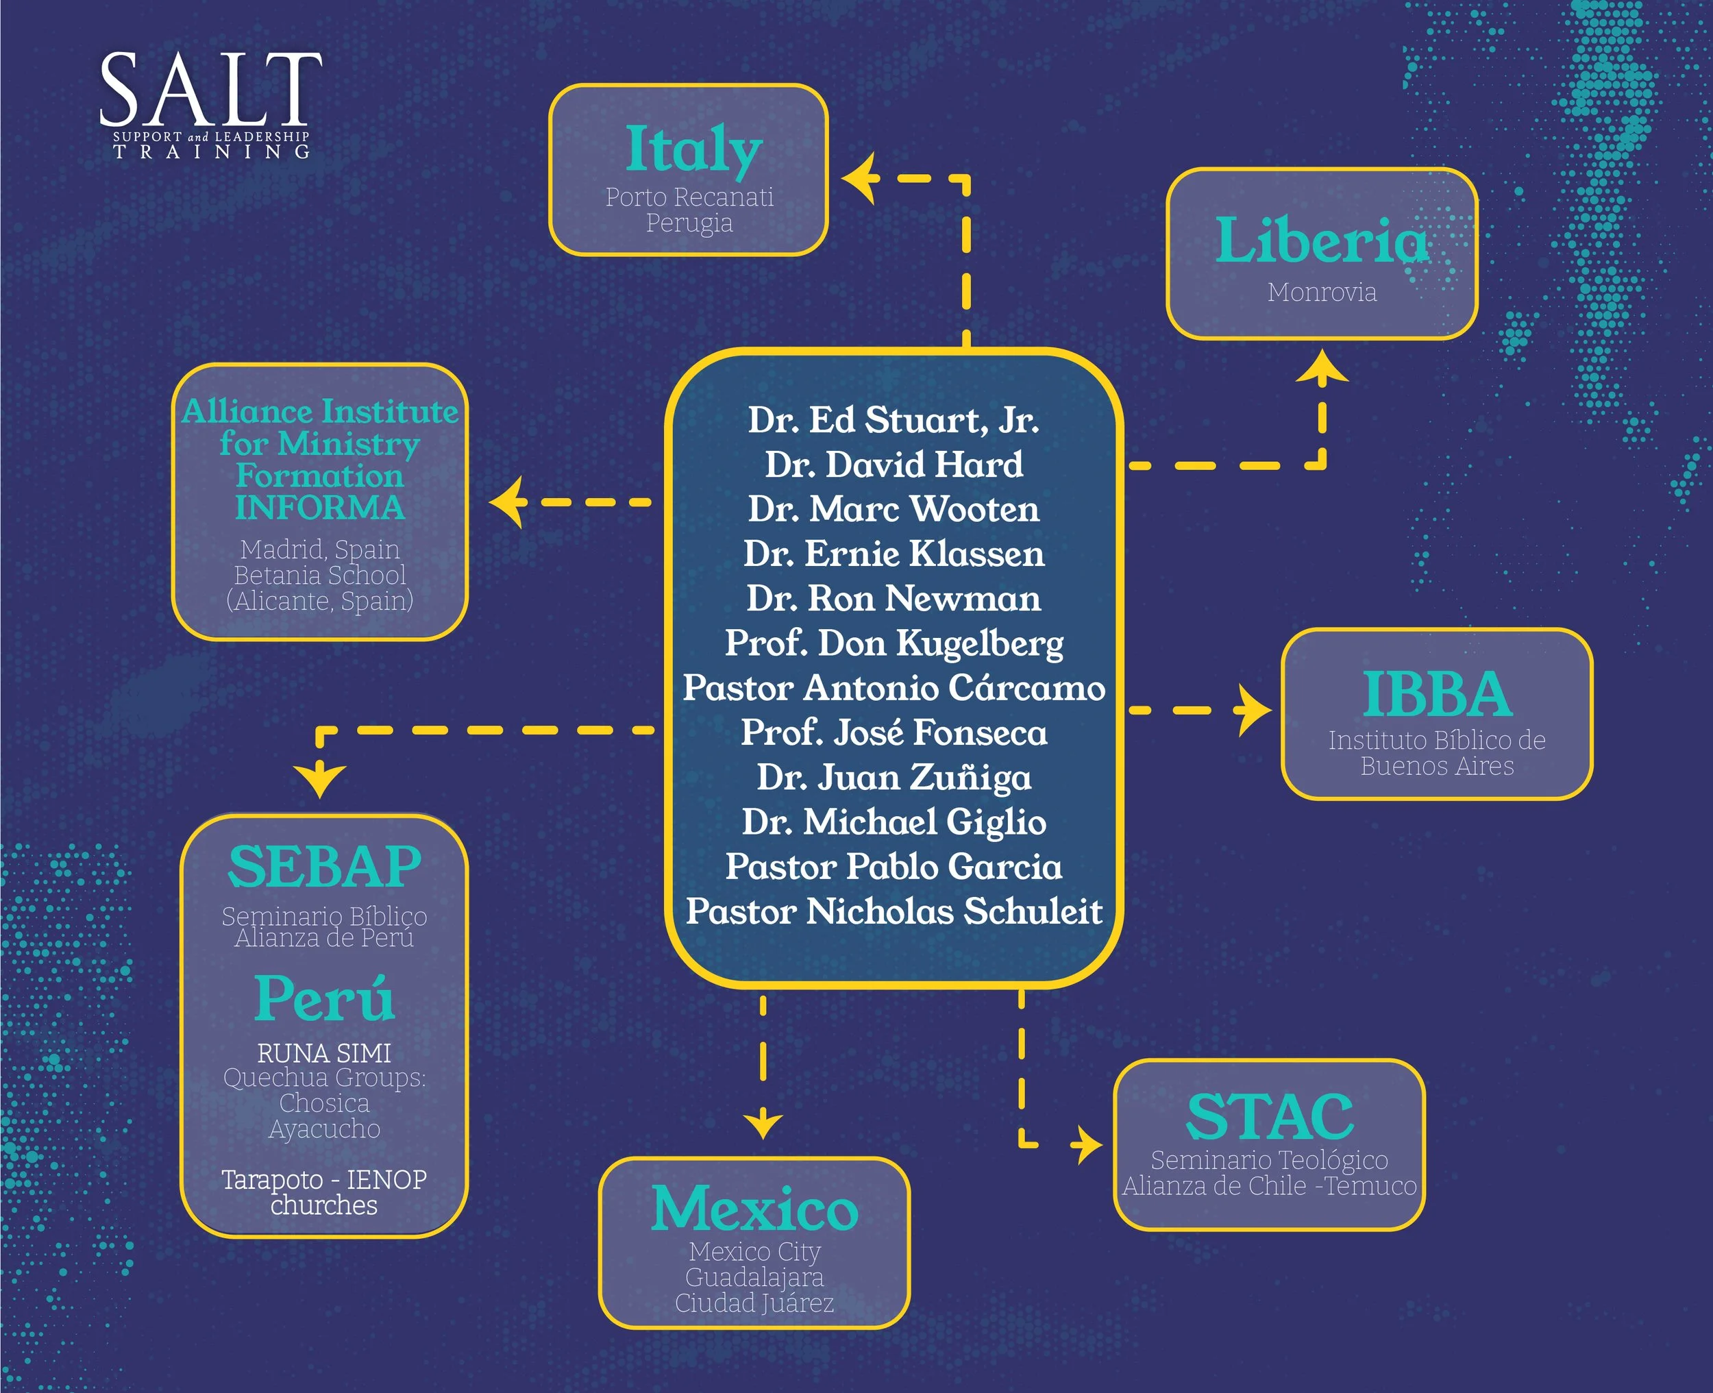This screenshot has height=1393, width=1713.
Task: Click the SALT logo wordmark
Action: [x=210, y=90]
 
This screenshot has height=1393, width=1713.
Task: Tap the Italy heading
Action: [x=693, y=150]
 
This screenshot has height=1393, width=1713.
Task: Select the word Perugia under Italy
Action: [x=689, y=223]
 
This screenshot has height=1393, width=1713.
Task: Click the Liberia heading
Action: [x=1322, y=241]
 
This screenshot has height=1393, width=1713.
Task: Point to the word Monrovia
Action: [x=1322, y=292]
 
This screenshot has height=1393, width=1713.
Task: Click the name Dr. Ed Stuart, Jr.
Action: [x=893, y=419]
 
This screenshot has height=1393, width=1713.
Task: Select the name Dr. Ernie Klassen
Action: [x=893, y=554]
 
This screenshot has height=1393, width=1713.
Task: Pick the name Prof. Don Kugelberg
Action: [x=893, y=643]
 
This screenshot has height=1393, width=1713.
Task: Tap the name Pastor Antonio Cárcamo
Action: [x=893, y=688]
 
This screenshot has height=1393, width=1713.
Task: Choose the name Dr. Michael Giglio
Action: [x=893, y=822]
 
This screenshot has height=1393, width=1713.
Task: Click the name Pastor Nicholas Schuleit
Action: [x=893, y=911]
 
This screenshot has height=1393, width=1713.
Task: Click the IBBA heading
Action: [x=1437, y=694]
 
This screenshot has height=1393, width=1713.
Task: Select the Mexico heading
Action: [x=754, y=1209]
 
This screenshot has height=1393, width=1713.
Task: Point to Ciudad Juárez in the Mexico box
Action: [x=754, y=1303]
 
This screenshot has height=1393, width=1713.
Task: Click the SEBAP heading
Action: [x=324, y=867]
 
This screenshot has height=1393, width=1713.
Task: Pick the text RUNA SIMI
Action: [x=324, y=1052]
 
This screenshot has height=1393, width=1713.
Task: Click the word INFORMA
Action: [x=319, y=508]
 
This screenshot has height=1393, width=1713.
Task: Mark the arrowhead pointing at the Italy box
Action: [x=859, y=178]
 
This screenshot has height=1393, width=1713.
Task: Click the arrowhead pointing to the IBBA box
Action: [x=1253, y=710]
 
